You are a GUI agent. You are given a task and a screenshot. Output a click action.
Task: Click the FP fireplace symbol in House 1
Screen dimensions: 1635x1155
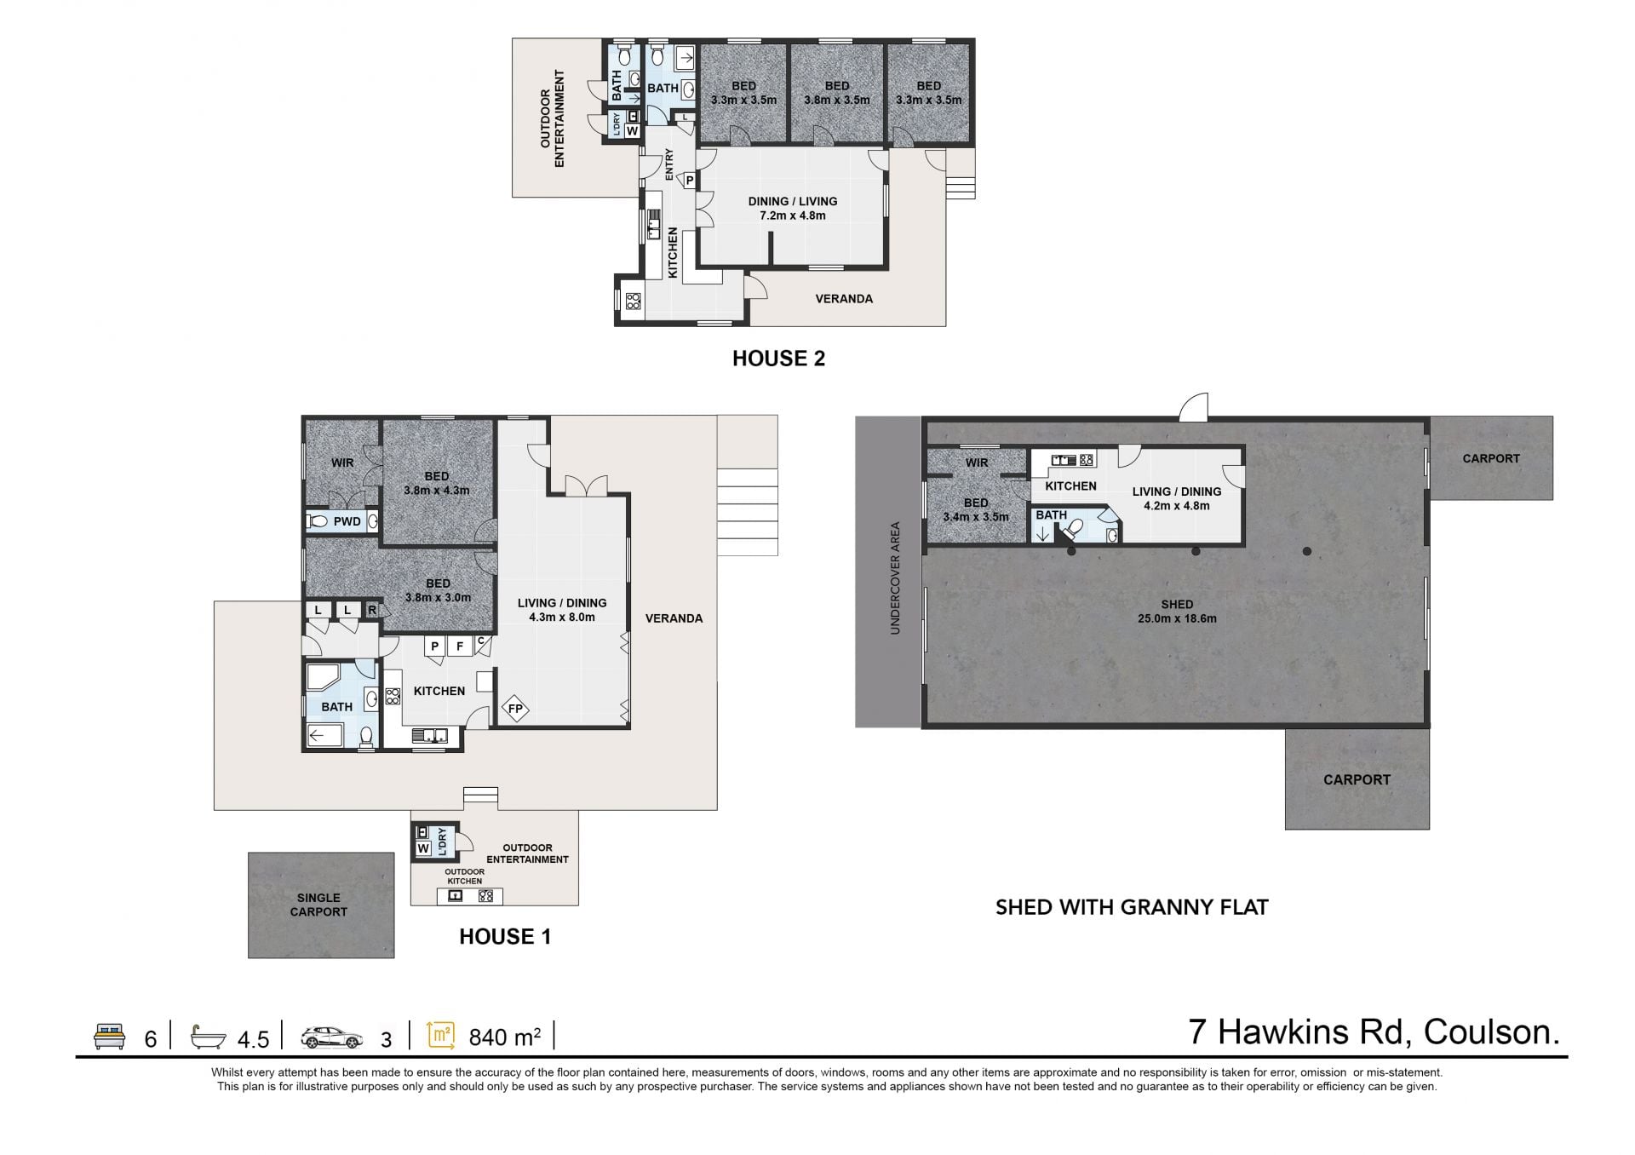coord(515,709)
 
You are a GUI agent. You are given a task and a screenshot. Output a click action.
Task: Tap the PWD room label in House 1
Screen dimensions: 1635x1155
coord(347,521)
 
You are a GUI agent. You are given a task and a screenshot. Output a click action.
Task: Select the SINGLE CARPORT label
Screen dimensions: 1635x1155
coord(318,905)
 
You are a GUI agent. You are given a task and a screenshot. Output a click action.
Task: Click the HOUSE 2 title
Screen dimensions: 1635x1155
coord(778,359)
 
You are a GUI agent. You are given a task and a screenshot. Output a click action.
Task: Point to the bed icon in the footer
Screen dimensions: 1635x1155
coord(109,1037)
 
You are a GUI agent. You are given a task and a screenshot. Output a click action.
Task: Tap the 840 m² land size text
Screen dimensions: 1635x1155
coord(505,1037)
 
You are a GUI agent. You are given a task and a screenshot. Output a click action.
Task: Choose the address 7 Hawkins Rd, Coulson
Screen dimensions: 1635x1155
coord(1374,1032)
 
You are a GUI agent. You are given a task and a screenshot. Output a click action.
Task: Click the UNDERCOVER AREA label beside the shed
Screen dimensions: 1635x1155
coord(895,578)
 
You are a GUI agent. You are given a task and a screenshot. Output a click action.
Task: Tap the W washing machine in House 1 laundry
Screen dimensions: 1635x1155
coord(423,848)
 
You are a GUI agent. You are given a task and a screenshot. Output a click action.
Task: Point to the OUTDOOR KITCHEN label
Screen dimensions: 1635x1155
coord(465,876)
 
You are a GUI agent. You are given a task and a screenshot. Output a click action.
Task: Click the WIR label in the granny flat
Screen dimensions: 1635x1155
coord(977,463)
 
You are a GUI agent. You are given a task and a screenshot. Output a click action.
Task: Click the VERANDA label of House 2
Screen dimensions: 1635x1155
coord(844,299)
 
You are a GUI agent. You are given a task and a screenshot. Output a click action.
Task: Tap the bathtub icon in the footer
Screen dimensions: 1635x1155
coord(209,1037)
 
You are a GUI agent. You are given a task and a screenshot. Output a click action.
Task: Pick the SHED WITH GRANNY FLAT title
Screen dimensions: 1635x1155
coord(1132,907)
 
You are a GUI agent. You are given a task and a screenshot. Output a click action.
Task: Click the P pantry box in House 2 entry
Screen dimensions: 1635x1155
coord(689,181)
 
